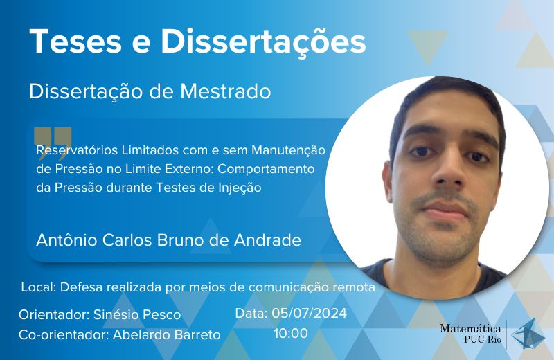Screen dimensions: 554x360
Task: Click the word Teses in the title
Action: coord(76,41)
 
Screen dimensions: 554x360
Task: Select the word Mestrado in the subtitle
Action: coord(226,91)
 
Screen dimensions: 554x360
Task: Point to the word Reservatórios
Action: coord(77,150)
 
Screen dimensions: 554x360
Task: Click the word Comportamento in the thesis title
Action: coord(266,169)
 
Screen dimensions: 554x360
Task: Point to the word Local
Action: coord(39,287)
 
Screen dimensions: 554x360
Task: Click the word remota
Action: coord(354,287)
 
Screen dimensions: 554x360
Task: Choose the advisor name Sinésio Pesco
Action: coord(137,314)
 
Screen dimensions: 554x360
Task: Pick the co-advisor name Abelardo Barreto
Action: coord(167,334)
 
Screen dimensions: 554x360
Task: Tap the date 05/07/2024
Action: coord(309,314)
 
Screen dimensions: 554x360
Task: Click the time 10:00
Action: coord(291,333)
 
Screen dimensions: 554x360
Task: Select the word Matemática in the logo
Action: coord(470,329)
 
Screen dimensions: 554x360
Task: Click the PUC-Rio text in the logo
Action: coord(483,340)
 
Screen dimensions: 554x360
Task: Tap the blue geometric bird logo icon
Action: coord(528,334)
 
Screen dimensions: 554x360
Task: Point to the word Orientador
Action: coord(54,314)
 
